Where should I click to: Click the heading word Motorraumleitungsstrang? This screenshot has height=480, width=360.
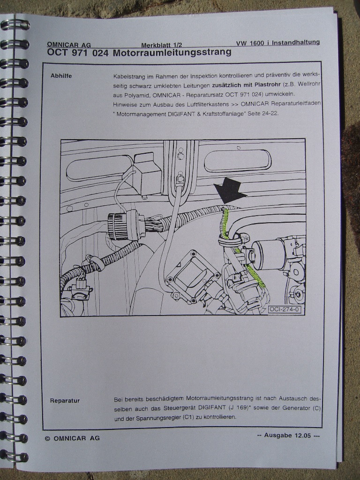click(172, 52)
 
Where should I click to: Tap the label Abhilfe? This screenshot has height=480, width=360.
click(61, 75)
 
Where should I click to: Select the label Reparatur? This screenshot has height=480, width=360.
click(65, 401)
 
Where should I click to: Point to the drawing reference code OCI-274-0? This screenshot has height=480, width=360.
click(284, 309)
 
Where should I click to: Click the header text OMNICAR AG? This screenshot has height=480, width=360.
click(69, 45)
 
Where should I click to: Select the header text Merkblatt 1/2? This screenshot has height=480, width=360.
click(164, 45)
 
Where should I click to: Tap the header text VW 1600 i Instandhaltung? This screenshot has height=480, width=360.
click(277, 43)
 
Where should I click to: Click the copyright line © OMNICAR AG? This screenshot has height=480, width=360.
click(72, 438)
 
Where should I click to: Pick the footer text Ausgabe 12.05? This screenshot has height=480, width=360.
click(287, 435)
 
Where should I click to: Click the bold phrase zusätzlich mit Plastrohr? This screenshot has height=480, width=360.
click(246, 84)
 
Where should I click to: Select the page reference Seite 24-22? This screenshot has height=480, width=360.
click(263, 113)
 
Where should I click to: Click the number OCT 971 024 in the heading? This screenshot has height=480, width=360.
click(78, 52)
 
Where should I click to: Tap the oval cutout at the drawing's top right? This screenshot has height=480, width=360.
click(238, 161)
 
